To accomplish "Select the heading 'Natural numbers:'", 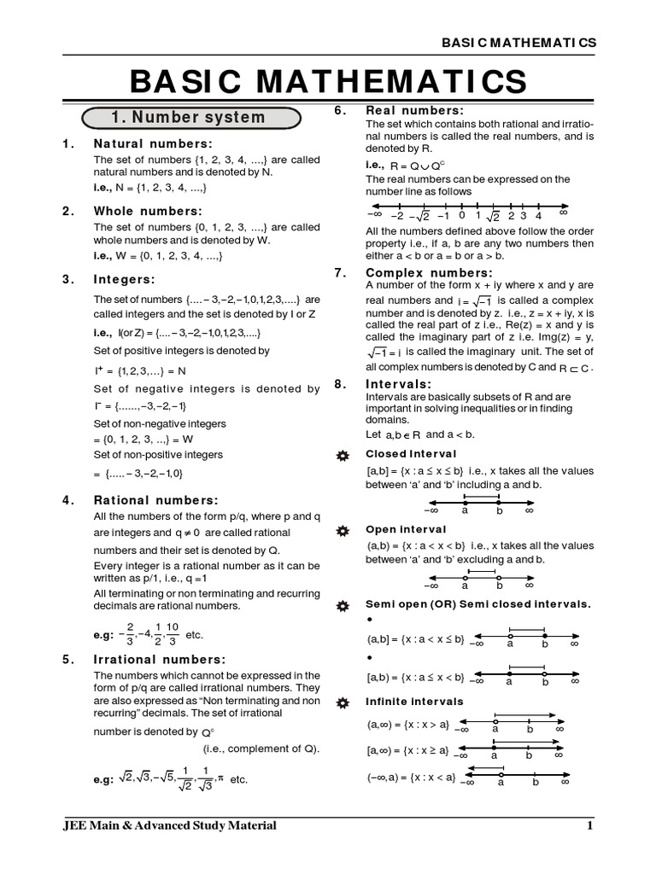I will [152, 143].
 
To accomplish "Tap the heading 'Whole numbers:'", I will [147, 211].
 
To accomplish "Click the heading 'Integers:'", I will [124, 279].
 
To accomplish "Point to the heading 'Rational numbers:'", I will [155, 500].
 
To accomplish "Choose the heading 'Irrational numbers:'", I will [159, 659].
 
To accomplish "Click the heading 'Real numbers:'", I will [414, 110].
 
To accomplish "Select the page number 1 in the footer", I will [589, 825].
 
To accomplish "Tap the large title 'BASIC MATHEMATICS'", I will [328, 82].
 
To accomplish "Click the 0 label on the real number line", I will [461, 215].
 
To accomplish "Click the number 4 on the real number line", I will [537, 215].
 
